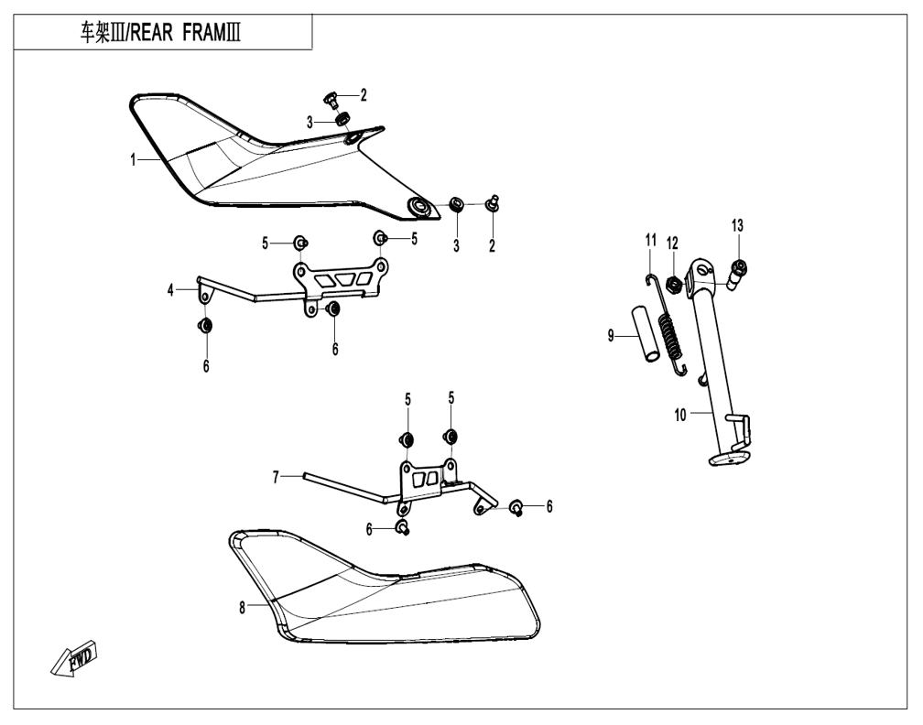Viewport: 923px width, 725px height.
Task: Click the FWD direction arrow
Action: [74, 656]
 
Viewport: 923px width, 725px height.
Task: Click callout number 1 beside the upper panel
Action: [134, 159]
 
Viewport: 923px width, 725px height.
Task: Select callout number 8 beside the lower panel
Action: [242, 609]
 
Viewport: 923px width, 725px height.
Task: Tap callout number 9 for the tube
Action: [611, 335]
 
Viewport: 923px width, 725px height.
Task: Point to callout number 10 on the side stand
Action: [679, 415]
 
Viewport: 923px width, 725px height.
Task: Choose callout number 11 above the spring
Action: [650, 240]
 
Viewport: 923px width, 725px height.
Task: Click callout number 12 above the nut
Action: [672, 243]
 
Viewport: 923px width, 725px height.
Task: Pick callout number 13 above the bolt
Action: [738, 225]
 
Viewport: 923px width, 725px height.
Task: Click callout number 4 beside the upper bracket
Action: [170, 290]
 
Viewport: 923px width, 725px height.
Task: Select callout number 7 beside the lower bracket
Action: [275, 478]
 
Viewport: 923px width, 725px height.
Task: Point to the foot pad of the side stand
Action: [730, 460]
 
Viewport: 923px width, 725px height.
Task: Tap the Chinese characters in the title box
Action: [95, 33]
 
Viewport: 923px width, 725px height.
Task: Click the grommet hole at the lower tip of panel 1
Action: [419, 206]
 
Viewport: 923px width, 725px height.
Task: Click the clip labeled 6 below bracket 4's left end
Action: [205, 326]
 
